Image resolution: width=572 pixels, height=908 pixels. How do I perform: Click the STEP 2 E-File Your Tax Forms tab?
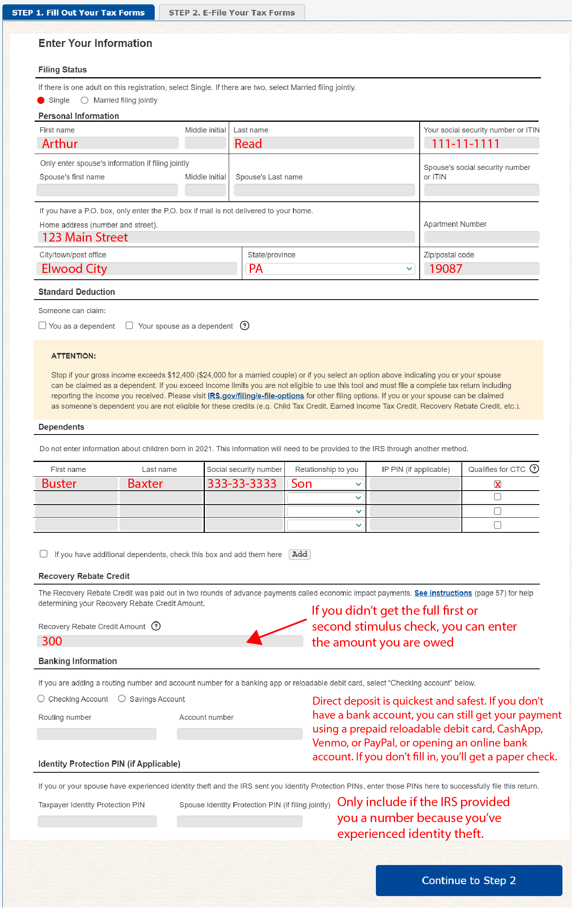232,12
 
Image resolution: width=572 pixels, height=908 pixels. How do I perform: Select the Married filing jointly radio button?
84,100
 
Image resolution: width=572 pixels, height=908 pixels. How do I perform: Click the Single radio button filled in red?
41,100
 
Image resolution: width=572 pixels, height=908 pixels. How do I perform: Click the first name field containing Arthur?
107,143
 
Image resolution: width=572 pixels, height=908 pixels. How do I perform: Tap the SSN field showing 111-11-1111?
481,143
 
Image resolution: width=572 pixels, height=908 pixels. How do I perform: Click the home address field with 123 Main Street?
226,237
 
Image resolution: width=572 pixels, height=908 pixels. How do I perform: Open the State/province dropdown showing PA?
330,269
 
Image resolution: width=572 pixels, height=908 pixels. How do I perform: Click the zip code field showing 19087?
481,269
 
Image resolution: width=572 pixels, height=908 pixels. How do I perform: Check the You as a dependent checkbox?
43,325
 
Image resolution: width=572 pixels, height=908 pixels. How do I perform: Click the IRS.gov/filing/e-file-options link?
256,396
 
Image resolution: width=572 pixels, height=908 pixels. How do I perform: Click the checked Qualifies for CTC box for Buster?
498,484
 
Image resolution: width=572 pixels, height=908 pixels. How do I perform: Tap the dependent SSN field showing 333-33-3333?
244,484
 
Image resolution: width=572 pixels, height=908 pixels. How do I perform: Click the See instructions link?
443,593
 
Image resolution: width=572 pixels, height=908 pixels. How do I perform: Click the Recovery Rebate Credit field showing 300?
170,641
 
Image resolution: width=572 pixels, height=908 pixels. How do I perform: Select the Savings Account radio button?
122,699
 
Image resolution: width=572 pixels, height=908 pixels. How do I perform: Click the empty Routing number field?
97,734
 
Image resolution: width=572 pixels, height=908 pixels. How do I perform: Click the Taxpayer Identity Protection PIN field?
97,821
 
